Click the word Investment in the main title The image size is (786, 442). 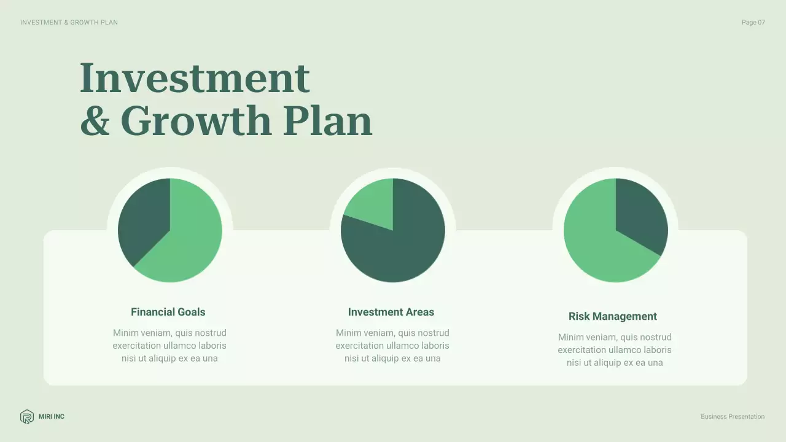(195, 78)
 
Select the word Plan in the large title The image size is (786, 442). (327, 120)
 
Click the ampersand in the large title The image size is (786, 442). (95, 120)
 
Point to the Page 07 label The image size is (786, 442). (753, 23)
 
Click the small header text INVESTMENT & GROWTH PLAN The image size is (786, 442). (69, 23)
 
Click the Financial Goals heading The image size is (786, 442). (168, 312)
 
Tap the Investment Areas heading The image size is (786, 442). (391, 312)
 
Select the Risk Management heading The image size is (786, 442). (613, 316)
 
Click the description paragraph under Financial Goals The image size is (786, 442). (169, 346)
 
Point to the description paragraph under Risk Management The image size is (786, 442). (615, 350)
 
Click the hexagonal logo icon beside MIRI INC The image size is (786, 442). (27, 417)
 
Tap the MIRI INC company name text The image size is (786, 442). (52, 417)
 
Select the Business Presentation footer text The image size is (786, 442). (733, 417)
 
